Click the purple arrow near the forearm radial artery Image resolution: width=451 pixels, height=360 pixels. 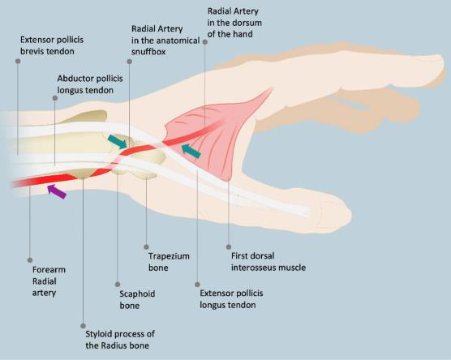tap(57, 191)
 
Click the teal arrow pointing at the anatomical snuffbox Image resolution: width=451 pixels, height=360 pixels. tap(118, 141)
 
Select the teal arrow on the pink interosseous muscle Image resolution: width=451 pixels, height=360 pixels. tap(191, 151)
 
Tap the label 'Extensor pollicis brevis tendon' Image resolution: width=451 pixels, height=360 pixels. tap(52, 45)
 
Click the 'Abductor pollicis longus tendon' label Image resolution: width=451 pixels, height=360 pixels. tap(90, 84)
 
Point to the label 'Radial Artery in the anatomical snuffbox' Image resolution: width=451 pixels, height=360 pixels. tap(165, 41)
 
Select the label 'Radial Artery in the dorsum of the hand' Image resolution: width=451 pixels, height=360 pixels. tap(234, 23)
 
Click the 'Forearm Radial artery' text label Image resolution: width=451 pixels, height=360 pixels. tap(49, 281)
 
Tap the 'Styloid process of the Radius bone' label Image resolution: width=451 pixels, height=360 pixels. tap(120, 340)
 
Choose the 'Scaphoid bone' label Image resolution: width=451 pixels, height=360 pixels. tap(137, 300)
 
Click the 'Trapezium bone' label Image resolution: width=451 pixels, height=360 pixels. tap(169, 262)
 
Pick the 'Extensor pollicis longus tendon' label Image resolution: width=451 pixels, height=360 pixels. tap(231, 299)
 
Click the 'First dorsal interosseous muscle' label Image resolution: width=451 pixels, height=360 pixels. tap(268, 262)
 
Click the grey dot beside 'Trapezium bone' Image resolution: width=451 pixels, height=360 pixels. tap(146, 247)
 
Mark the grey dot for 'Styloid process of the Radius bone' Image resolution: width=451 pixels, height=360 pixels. tap(83, 326)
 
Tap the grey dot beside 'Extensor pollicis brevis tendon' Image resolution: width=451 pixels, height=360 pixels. tap(18, 62)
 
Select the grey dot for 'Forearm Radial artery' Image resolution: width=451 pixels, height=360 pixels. tap(30, 260)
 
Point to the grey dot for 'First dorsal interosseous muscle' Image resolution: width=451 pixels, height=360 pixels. tap(229, 246)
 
